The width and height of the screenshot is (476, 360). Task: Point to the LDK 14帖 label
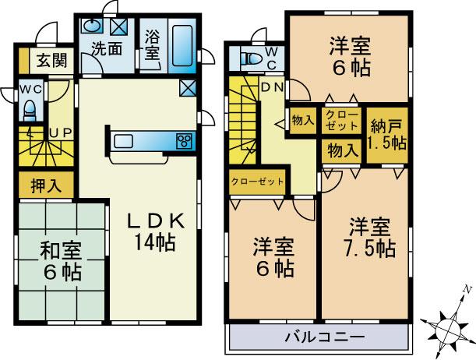tap(155, 231)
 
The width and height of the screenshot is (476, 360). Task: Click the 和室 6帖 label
tap(61, 263)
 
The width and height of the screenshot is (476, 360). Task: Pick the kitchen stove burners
tap(185, 141)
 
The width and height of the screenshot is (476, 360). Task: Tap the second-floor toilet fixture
tap(251, 57)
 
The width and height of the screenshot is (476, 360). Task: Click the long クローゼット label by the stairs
tap(257, 182)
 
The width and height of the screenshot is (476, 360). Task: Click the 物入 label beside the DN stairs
tap(302, 120)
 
